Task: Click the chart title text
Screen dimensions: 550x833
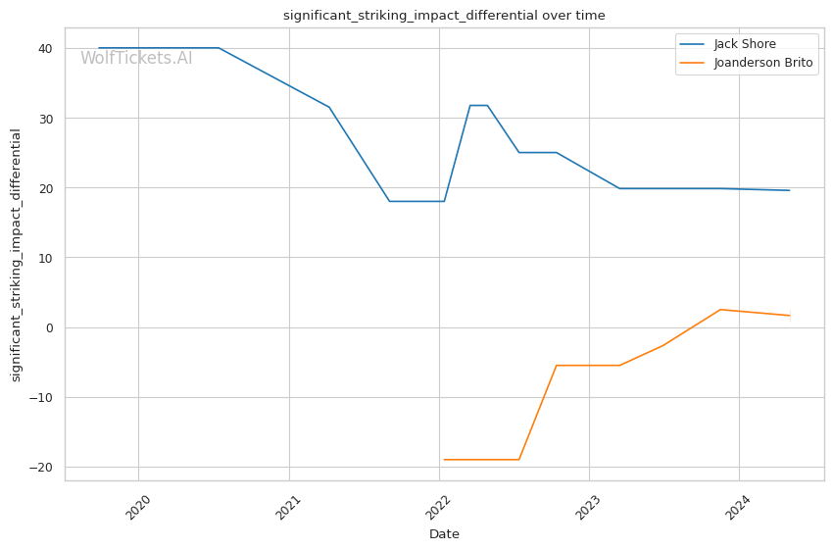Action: tap(444, 16)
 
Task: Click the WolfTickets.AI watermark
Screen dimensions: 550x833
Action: tap(136, 58)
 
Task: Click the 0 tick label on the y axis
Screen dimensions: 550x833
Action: tap(48, 327)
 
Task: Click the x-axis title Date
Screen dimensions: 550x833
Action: tap(444, 534)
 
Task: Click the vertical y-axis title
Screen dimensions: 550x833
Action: tap(16, 255)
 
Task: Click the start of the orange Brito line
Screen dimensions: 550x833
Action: tap(444, 460)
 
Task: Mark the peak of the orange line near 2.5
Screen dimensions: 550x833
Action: tap(720, 310)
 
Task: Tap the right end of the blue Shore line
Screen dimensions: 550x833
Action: tap(790, 190)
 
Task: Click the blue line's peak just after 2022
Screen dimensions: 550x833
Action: tap(478, 105)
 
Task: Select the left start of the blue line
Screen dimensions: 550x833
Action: tap(99, 48)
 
